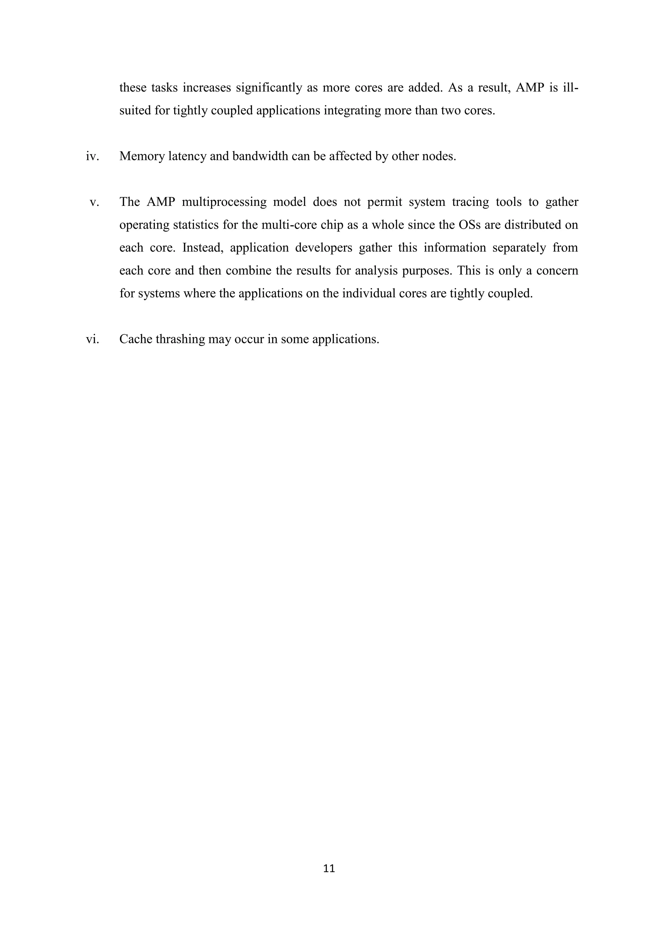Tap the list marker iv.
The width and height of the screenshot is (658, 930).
point(93,156)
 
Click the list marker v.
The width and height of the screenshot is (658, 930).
point(94,202)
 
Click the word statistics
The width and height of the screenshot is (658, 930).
point(196,224)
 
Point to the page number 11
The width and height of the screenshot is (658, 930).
point(329,868)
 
